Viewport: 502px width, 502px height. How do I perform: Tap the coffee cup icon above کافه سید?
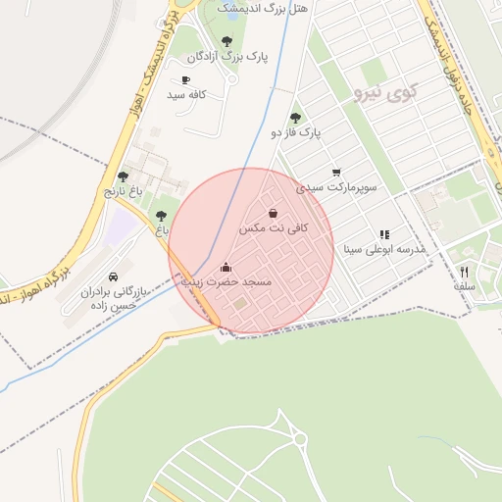click(186, 79)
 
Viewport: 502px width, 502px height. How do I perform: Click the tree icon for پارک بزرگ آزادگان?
click(226, 42)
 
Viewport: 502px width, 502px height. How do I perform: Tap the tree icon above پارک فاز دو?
click(296, 117)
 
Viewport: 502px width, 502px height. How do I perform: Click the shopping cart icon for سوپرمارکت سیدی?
click(336, 172)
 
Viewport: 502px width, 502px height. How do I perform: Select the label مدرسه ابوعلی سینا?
click(382, 249)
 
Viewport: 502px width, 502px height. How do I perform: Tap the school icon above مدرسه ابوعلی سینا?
click(384, 234)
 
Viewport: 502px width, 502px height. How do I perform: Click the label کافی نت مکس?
click(274, 227)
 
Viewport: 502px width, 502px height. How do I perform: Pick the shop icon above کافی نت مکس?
click(273, 213)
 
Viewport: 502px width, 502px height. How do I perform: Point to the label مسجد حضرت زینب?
click(225, 281)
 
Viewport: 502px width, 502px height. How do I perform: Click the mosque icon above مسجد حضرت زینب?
click(226, 267)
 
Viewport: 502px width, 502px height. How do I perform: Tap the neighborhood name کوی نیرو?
click(382, 94)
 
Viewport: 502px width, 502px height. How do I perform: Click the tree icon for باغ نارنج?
click(123, 176)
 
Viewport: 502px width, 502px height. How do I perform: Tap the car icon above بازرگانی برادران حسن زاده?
click(114, 276)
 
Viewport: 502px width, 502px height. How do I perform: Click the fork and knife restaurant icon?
click(465, 272)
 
